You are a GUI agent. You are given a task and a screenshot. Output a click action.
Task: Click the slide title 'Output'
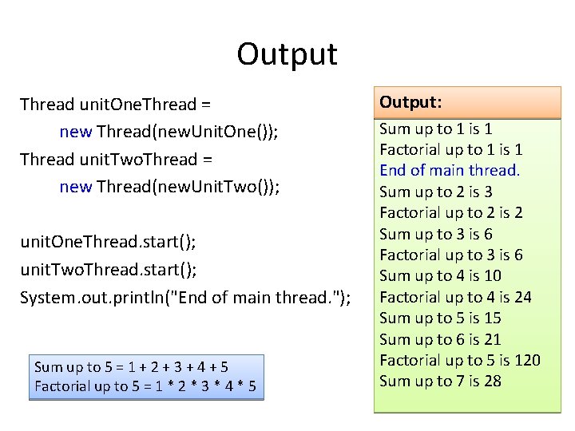point(287,54)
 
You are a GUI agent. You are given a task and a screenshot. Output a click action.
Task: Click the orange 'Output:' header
point(411,102)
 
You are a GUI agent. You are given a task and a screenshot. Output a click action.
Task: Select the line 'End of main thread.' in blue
point(450,170)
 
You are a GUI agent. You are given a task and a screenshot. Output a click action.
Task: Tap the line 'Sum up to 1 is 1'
point(435,129)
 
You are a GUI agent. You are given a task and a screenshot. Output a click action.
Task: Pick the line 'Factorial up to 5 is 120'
point(459,360)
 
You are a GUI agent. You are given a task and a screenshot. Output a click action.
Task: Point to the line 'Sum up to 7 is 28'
point(440,381)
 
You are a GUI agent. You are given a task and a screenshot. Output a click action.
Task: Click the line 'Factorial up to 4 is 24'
point(455,297)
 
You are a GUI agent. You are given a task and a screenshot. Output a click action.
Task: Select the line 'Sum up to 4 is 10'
point(440,275)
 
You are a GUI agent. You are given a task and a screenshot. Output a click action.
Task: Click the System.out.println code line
point(185,297)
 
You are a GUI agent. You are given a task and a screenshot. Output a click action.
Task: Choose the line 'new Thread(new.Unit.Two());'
point(169,187)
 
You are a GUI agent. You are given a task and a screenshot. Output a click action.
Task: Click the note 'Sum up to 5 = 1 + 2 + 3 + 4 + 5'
point(132,367)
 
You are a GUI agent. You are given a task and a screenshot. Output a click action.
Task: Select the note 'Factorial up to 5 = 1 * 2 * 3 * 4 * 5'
point(145,387)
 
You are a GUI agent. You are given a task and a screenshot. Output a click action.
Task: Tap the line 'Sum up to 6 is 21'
point(440,339)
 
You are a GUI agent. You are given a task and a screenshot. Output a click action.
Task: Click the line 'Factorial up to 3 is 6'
point(451,255)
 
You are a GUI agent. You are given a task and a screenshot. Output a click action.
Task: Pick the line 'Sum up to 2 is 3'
point(435,192)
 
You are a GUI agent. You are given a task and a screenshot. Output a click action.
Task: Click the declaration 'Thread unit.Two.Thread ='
point(116,159)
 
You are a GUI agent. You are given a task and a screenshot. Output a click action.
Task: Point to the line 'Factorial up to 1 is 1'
point(451,149)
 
